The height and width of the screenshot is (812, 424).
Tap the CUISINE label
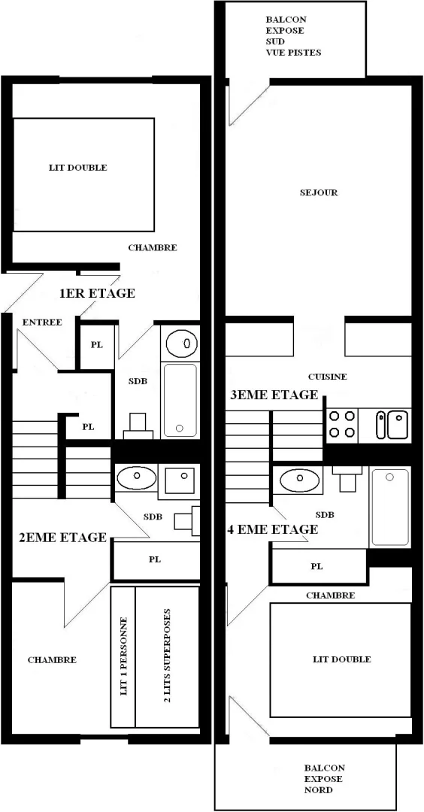coord(327,377)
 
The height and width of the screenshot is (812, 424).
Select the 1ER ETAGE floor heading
coord(97,293)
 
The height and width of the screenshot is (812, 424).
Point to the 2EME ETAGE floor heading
coord(62,537)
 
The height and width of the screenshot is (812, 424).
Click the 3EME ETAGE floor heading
coord(274,395)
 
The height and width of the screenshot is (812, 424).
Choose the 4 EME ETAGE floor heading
coord(272,530)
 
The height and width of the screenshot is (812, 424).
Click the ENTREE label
coord(42,322)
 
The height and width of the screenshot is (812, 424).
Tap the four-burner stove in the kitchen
coord(342,425)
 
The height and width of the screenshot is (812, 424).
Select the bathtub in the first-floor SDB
coord(180,400)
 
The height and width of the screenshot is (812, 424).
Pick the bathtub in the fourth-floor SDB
coord(390,507)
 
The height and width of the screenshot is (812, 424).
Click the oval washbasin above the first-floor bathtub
coord(182,342)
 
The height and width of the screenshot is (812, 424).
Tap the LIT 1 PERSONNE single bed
coord(123,656)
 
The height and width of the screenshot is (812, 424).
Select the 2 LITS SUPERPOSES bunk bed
coord(167,656)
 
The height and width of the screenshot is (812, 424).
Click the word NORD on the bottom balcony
coord(319,789)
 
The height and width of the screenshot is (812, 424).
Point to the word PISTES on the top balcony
coord(307,53)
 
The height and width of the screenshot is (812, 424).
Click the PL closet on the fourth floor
coord(317,567)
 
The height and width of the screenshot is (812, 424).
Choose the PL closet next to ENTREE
coord(97,345)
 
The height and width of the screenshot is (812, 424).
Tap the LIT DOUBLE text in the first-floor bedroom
coord(78,167)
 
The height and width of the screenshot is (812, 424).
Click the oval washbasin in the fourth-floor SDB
coord(298,480)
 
